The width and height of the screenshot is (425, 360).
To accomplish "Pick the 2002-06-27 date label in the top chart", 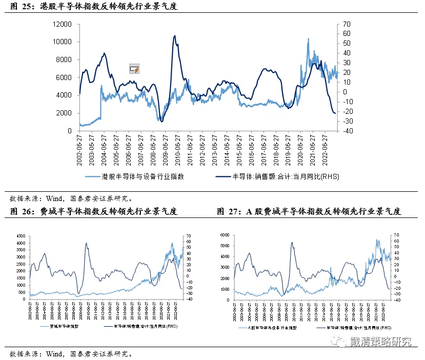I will click(x=80, y=151).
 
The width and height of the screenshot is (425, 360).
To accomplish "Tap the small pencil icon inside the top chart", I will click(x=134, y=69).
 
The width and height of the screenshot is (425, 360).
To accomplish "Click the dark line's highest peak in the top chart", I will click(x=175, y=36).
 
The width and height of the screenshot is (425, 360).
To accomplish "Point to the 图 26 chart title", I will click(x=94, y=211).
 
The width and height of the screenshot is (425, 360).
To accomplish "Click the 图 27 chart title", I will click(x=309, y=211).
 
